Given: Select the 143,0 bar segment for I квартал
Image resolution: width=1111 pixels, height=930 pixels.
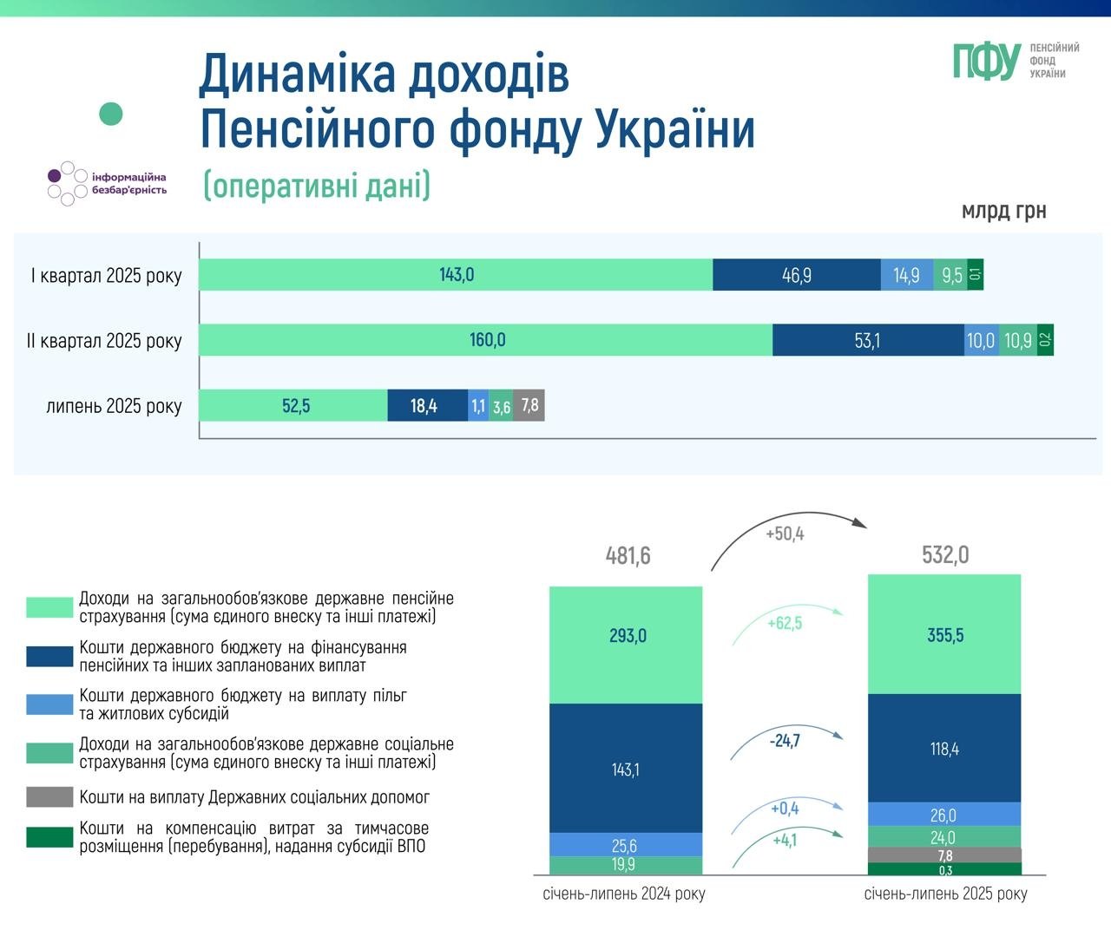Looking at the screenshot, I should tap(456, 275).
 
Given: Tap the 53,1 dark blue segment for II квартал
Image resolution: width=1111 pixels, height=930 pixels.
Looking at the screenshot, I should tap(867, 340).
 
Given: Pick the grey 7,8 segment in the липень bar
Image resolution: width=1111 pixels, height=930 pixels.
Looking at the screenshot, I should tap(529, 405).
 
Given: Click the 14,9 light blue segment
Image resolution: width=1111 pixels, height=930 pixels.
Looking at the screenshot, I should tap(906, 275).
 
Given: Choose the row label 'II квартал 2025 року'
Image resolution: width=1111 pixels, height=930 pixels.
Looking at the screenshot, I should tap(104, 340).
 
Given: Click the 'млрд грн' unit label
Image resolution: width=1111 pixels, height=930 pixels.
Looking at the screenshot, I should tap(1003, 211).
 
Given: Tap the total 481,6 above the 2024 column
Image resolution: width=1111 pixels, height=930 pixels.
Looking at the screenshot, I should tap(628, 555).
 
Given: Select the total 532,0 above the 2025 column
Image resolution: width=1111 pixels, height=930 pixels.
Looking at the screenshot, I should tap(945, 554).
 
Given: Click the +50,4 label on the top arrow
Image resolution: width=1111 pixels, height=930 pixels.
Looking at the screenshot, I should tap(785, 534).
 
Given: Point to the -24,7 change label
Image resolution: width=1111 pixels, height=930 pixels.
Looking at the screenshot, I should tap(785, 741).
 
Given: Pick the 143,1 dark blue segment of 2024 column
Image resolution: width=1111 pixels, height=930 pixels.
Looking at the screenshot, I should tap(625, 769).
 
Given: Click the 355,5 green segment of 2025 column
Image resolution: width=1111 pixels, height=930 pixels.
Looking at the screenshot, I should tap(944, 635).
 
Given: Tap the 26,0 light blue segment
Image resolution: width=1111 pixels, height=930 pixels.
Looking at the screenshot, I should tap(943, 815).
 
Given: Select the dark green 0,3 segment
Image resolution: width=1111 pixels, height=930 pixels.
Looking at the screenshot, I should tap(944, 869).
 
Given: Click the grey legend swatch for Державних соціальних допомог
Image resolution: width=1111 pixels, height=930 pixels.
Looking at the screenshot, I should tap(49, 797).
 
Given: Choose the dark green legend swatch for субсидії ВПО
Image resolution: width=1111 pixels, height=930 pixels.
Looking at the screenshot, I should tap(49, 837).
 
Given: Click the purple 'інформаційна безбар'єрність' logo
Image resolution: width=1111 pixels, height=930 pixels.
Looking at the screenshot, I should tap(106, 183).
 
